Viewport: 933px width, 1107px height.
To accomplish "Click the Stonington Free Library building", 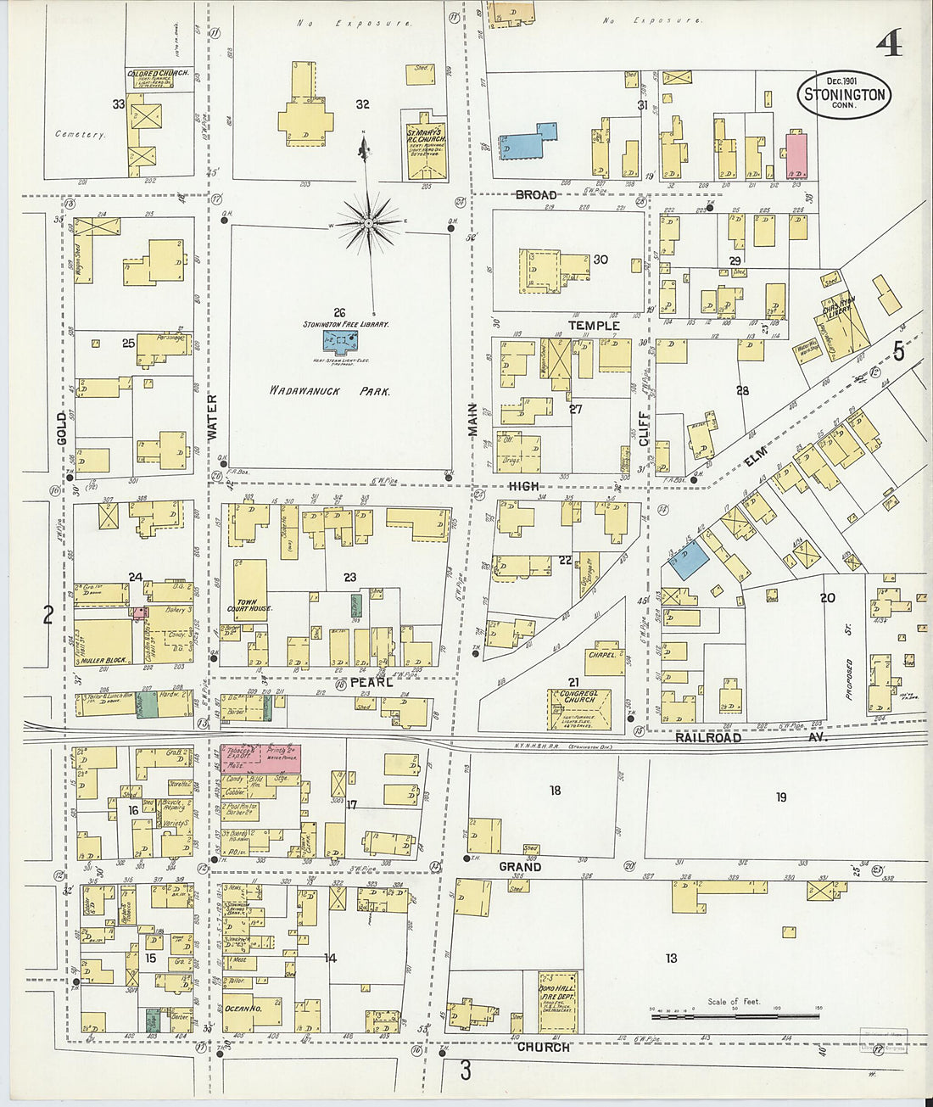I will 340,342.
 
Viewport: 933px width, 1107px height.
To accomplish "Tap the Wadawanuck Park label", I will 329,392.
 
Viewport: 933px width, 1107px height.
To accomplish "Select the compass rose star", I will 368,223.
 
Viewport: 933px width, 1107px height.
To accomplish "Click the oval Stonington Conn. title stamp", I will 843,95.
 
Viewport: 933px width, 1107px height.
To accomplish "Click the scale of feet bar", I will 735,1015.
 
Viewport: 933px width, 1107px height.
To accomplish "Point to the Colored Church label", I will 159,74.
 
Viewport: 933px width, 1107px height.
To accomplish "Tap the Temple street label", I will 593,326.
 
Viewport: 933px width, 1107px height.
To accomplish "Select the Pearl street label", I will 371,682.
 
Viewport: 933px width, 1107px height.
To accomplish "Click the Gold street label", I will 60,429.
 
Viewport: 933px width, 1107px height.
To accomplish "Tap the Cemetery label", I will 80,134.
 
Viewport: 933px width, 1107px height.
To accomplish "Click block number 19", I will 780,797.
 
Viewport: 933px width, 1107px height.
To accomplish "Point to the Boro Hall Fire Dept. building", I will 557,1002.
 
